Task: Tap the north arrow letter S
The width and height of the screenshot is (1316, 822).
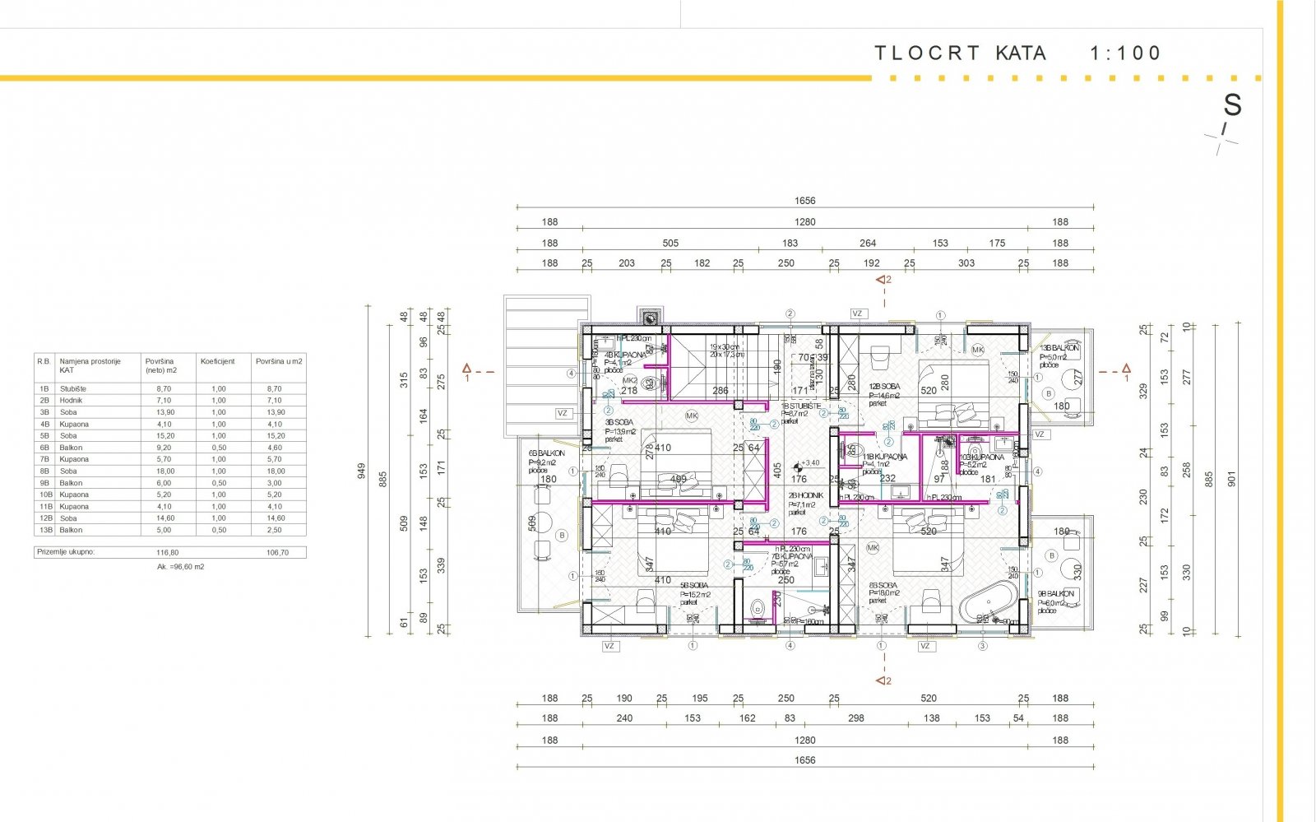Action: click(1231, 105)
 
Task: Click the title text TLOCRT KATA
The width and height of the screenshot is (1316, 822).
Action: click(960, 53)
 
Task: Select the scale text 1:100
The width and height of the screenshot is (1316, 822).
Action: click(1125, 53)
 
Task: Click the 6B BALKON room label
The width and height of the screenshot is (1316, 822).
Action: click(546, 453)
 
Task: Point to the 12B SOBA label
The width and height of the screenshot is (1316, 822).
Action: click(884, 386)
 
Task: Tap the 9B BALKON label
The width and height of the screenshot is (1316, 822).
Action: click(1056, 593)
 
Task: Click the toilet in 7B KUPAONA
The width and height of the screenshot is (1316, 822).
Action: click(757, 609)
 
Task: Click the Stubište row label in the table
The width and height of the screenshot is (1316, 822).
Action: click(72, 388)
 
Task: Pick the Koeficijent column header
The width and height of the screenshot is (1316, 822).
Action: click(218, 361)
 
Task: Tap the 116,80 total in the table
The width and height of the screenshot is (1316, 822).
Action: click(167, 553)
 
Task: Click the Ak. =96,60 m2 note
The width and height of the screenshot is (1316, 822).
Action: click(180, 567)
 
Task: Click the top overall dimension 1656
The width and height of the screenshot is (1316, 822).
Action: click(804, 201)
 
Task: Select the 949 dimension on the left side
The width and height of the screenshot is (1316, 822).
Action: click(361, 471)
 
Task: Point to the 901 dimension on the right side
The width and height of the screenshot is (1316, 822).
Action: click(1231, 478)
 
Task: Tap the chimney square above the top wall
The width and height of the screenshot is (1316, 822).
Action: click(650, 317)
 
